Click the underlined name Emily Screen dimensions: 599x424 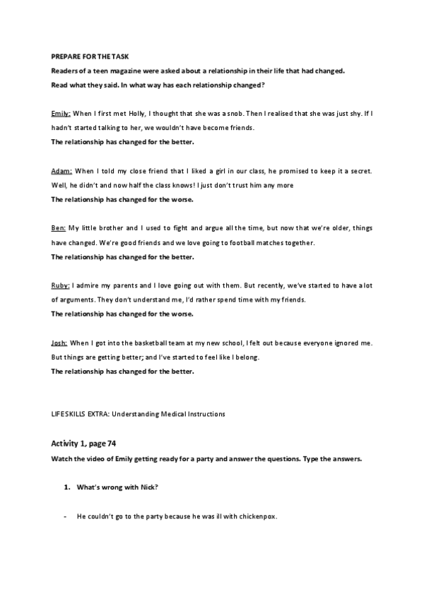pos(61,114)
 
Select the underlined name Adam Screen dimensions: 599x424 pos(61,171)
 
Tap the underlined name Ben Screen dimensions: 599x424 pos(58,228)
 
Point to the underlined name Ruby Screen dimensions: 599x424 pos(60,285)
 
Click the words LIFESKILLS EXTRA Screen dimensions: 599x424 pos(77,414)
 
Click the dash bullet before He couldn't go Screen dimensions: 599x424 pos(65,516)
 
